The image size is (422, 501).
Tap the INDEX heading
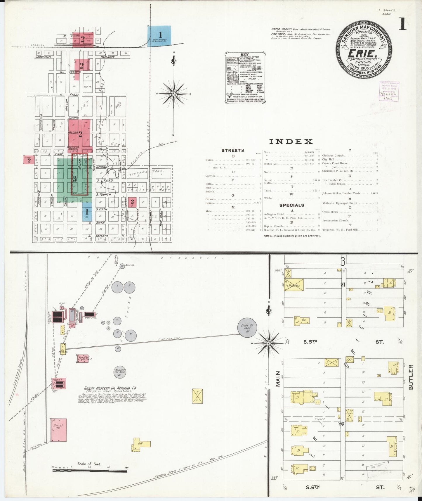click(290, 142)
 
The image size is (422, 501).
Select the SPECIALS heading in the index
click(292, 205)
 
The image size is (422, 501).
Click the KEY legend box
click(245, 77)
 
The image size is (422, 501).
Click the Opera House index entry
click(330, 212)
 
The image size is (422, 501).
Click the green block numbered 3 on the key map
click(75, 179)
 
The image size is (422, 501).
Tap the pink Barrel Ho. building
click(58, 430)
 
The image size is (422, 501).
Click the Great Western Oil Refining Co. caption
click(110, 388)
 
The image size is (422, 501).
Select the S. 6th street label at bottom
click(312, 487)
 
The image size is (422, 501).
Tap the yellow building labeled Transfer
click(294, 285)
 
